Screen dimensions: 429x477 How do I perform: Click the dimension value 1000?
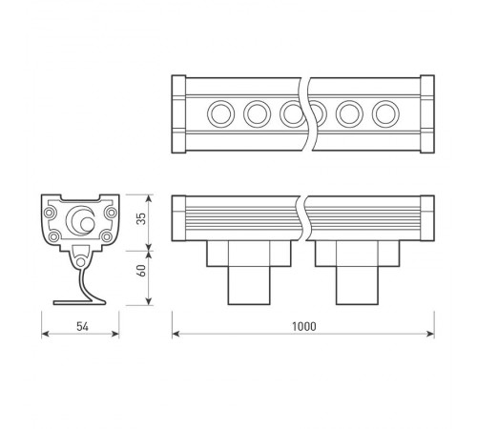(303, 326)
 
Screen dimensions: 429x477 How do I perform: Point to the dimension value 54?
(81, 326)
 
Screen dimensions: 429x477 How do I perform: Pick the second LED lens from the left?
(256, 113)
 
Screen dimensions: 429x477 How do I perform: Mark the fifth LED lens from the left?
(348, 113)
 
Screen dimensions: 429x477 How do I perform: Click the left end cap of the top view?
(177, 113)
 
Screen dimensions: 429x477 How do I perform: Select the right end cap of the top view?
(426, 113)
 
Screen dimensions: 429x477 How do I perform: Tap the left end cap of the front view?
(177, 218)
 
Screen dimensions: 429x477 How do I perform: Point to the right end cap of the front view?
(426, 218)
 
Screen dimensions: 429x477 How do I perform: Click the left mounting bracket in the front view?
(248, 272)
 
